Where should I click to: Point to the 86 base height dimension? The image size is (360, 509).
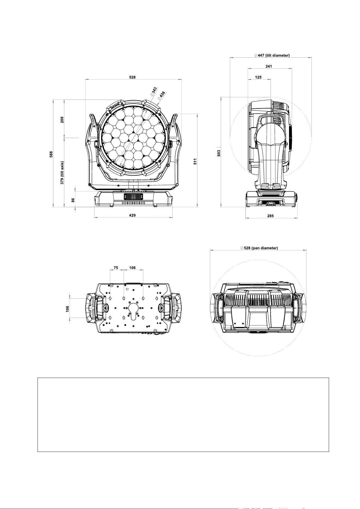click(73, 200)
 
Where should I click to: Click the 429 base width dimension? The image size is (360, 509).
click(132, 215)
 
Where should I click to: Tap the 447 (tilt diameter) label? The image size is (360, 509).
click(272, 55)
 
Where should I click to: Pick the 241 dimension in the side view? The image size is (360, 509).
click(269, 66)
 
